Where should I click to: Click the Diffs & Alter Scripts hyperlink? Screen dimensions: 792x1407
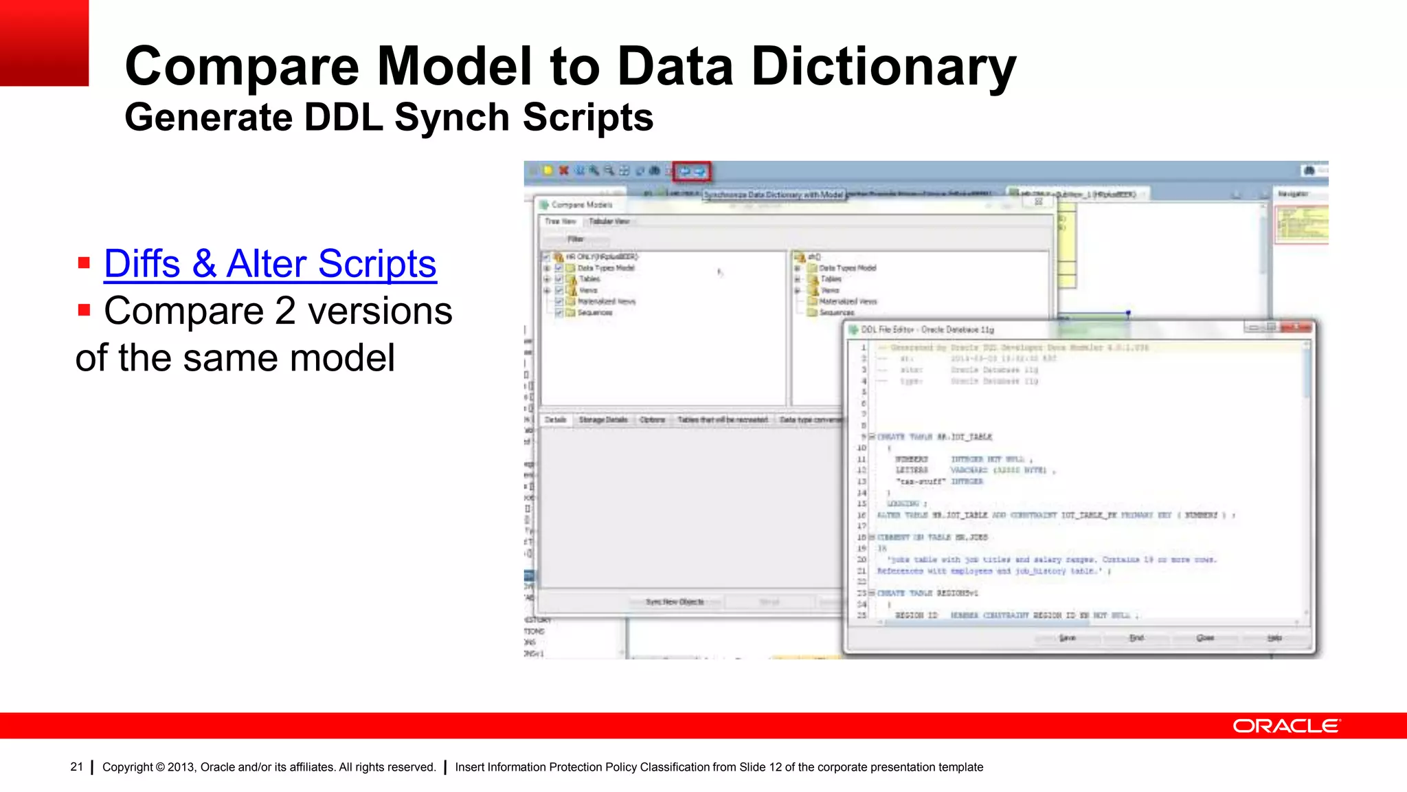tap(270, 265)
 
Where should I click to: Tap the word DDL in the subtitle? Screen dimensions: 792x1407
tap(343, 118)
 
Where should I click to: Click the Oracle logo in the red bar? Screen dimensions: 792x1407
tap(1285, 726)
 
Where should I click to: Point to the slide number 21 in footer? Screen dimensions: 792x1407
tap(76, 767)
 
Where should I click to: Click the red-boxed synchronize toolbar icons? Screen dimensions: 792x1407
tap(692, 171)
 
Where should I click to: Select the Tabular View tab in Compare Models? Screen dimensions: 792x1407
tap(609, 221)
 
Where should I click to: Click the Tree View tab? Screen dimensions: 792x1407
tap(561, 221)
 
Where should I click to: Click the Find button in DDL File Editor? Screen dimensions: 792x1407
tap(1136, 638)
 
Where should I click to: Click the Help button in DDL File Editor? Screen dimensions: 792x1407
tap(1274, 638)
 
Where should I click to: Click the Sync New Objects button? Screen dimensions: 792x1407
tap(675, 602)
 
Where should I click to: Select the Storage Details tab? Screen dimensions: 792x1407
tap(603, 419)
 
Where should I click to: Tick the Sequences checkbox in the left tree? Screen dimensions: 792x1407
tap(559, 313)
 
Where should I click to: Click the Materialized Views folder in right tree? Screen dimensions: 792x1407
tap(847, 301)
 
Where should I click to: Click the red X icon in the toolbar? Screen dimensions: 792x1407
tap(563, 170)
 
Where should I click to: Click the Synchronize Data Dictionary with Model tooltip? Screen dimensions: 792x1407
tap(774, 195)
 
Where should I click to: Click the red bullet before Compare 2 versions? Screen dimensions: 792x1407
tap(85, 310)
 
